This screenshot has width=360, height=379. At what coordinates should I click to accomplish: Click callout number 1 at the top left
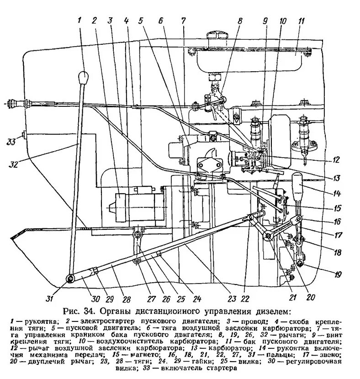79,20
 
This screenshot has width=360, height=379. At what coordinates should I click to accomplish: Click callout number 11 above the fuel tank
301,21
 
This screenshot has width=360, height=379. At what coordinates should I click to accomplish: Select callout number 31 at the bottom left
50,299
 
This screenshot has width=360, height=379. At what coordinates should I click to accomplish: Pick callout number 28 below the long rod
126,300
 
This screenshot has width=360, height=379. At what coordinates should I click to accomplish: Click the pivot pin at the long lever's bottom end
71,279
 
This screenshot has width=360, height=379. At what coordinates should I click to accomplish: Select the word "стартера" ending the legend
222,368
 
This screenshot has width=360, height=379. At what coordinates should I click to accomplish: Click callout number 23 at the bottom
233,299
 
